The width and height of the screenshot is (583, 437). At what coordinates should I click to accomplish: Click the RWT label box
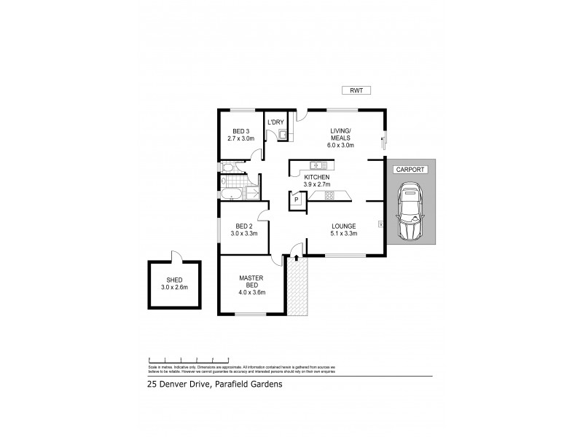point(357,91)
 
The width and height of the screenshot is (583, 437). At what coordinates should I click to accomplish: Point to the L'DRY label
point(275,122)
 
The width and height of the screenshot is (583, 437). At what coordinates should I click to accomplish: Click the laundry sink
point(282,133)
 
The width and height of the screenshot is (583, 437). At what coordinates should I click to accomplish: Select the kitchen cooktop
point(329,194)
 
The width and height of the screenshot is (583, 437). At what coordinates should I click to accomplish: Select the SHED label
point(174,280)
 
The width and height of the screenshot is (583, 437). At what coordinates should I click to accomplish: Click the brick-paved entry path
point(297,287)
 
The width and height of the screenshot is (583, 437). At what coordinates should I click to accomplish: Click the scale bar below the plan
point(189,360)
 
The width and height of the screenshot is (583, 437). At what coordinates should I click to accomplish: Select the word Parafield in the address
point(230,386)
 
